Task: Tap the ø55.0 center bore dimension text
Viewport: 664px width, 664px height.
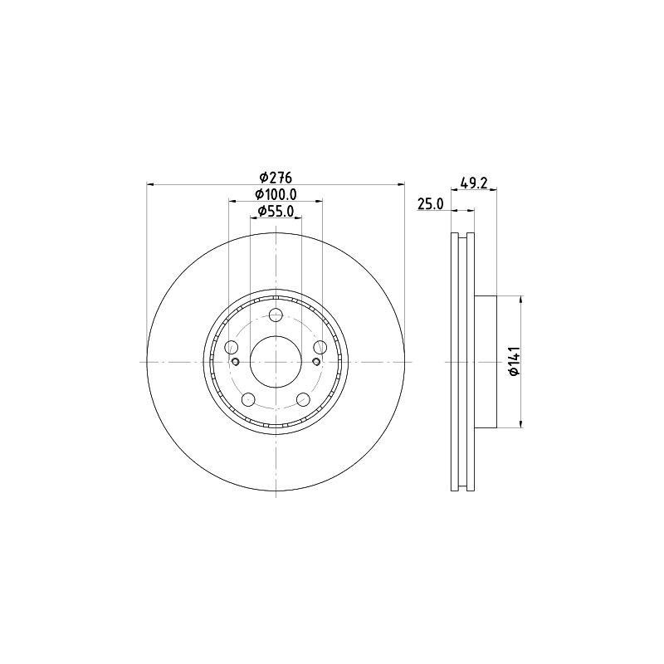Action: point(276,212)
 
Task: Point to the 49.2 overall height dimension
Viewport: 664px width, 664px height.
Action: point(473,183)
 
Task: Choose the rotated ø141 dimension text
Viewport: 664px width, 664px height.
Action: point(514,362)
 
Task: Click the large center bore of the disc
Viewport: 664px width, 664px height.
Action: point(276,362)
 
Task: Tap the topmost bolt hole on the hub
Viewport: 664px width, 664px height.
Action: point(276,315)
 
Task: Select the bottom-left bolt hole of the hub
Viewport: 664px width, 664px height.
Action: point(248,401)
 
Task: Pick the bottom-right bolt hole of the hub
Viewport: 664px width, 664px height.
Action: point(303,401)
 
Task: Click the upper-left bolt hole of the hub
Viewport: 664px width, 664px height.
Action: point(231,347)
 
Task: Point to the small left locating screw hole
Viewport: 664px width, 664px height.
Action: point(236,362)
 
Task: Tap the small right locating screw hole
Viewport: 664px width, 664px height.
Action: point(315,362)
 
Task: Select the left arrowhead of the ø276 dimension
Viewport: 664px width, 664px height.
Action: point(150,184)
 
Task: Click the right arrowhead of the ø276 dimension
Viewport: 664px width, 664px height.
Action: point(402,184)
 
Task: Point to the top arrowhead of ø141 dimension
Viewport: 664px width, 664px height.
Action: point(521,300)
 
